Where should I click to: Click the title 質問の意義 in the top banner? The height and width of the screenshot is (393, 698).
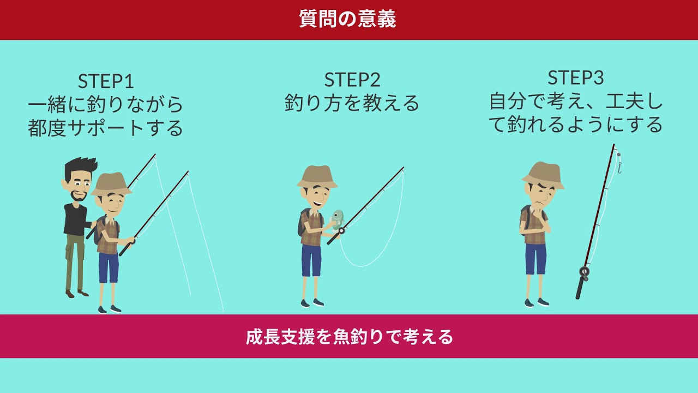point(347,19)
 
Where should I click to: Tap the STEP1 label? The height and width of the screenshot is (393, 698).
point(106,82)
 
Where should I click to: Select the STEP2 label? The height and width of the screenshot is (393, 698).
point(352,80)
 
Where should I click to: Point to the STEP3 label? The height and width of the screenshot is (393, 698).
point(575,78)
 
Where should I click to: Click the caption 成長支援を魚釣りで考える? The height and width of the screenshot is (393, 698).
point(349,337)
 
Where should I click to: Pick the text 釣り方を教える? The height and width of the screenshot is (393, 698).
point(352,103)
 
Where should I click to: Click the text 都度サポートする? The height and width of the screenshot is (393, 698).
point(106,128)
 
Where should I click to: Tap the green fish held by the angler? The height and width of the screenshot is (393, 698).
point(338,219)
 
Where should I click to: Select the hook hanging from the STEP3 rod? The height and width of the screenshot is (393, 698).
point(619,168)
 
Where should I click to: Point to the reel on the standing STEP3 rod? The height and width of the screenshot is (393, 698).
point(584,272)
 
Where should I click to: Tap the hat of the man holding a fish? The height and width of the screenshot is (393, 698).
point(317,177)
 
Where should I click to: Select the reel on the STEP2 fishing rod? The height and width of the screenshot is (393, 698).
point(341,231)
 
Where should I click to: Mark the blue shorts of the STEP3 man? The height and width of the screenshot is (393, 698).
point(535,259)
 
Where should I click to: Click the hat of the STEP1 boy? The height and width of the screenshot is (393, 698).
point(111,184)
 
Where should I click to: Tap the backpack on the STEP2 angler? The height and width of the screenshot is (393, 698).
point(303,222)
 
